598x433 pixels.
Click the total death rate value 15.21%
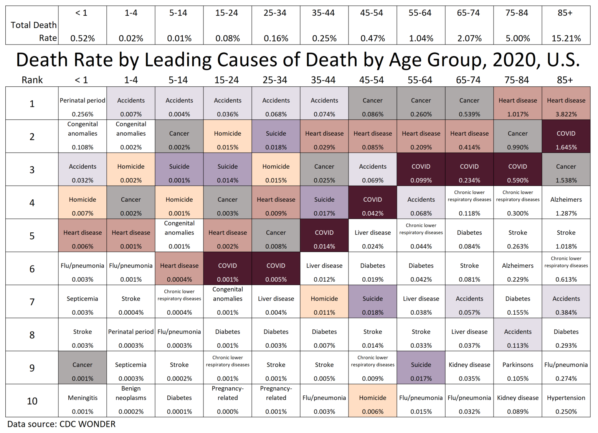(x=566, y=38)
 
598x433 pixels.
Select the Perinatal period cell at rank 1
(x=83, y=103)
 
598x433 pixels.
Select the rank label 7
(x=32, y=302)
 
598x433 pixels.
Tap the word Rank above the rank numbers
(x=32, y=80)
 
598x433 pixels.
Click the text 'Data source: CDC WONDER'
(x=61, y=424)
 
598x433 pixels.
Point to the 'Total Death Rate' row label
(x=34, y=31)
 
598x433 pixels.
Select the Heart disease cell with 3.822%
(x=566, y=103)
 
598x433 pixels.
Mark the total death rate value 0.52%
(x=83, y=38)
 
